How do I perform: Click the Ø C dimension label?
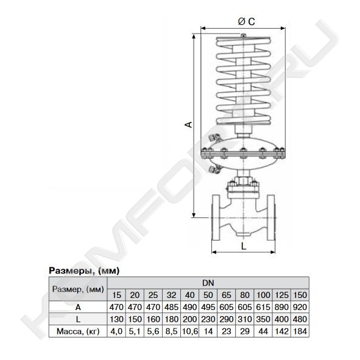coord(246,21)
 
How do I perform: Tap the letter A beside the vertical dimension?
coord(188,124)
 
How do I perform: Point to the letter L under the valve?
coord(244,246)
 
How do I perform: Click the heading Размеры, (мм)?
coord(84,270)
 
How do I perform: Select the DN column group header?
coord(208,283)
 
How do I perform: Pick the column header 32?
coord(171,295)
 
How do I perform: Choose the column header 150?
coord(300,295)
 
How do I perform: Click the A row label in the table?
coord(78,307)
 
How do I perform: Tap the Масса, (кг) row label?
coord(78,331)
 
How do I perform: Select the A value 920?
coord(300,307)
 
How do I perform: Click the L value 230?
coord(208,319)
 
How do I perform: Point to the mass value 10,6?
coord(189,331)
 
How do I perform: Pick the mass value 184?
coord(300,331)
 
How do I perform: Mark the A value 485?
coord(171,307)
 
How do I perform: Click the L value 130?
coord(116,319)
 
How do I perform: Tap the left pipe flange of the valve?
coord(216,217)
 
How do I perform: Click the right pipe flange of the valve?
coord(271,217)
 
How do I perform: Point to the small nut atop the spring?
coord(244,35)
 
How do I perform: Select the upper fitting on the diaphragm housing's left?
coord(214,138)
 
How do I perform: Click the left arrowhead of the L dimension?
coord(214,252)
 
